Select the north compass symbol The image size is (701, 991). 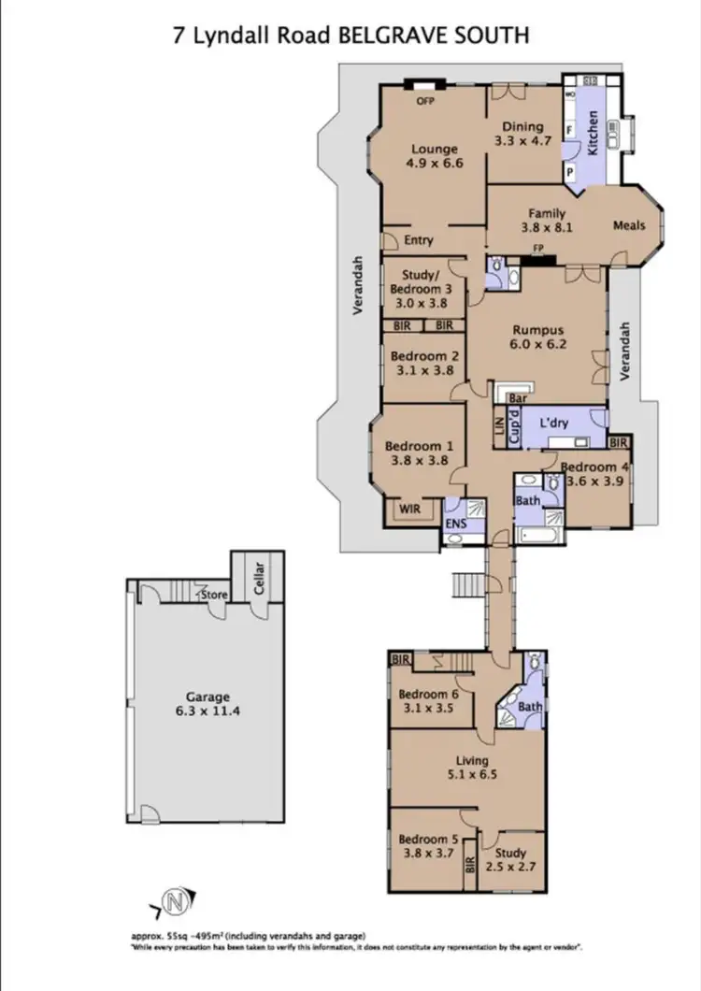point(173,902)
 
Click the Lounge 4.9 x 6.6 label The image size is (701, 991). point(434,155)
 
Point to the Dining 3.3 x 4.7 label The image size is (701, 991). point(522,134)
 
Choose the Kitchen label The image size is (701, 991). point(591,132)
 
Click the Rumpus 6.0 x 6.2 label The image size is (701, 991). point(540,336)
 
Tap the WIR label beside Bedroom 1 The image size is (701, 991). point(410,509)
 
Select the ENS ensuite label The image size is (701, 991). point(454,525)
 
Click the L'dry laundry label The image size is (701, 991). point(553,424)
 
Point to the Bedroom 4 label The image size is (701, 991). point(593,467)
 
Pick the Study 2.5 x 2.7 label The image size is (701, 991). point(511,859)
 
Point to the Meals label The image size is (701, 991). point(629,225)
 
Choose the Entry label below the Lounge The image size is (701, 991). point(419,240)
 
